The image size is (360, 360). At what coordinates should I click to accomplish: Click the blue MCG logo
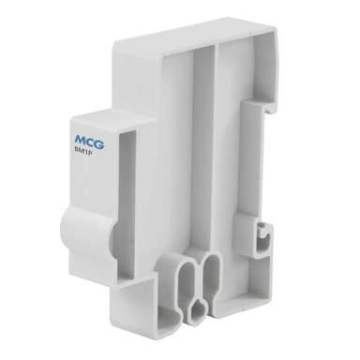(x=90, y=142)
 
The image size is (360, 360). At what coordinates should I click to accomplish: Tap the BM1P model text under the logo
(x=82, y=152)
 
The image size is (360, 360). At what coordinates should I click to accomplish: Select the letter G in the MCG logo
(x=99, y=144)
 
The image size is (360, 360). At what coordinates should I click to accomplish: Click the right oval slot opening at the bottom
(x=212, y=275)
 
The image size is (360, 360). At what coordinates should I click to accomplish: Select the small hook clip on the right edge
(x=264, y=237)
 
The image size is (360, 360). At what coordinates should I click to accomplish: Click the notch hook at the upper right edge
(x=271, y=108)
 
